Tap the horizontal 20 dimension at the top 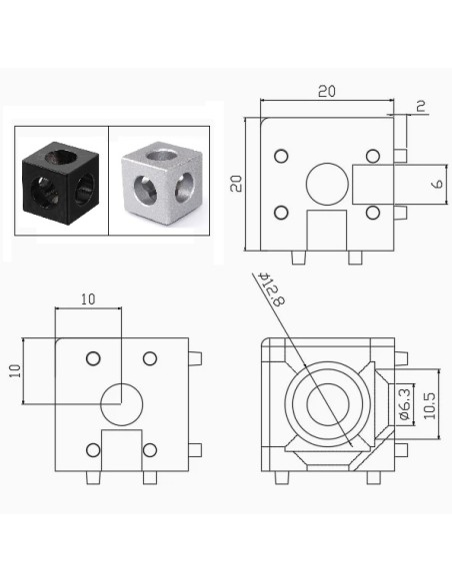point(326,91)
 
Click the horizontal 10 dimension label point(87,298)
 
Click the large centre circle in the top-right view point(325,184)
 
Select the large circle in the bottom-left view point(120,403)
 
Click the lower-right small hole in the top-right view point(372,213)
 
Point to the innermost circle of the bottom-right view point(326,405)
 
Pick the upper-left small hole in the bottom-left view point(93,358)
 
